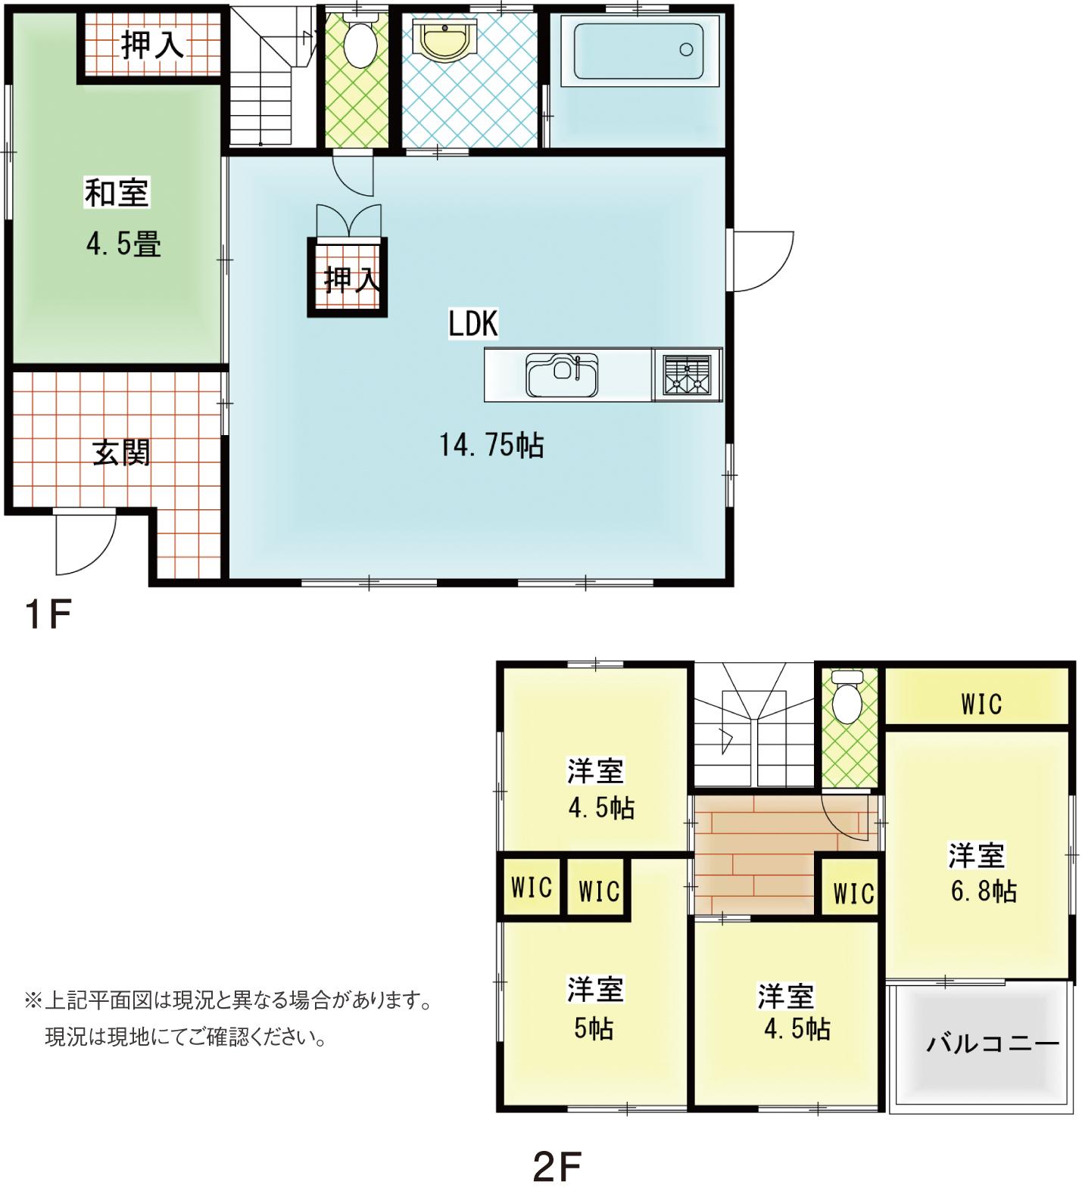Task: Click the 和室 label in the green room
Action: click(x=117, y=192)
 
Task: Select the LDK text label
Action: click(x=473, y=324)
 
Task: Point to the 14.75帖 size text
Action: click(x=491, y=445)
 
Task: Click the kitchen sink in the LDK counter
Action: click(x=563, y=375)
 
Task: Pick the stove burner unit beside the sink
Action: click(x=687, y=375)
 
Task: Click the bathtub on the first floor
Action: click(x=638, y=51)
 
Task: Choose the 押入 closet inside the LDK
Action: click(x=348, y=278)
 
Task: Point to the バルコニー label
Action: click(x=993, y=1044)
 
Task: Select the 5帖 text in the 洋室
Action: click(x=594, y=1028)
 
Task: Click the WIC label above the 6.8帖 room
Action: click(x=981, y=704)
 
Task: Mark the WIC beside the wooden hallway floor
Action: click(x=853, y=894)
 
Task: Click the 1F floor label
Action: click(x=48, y=614)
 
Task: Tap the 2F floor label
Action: click(x=557, y=1167)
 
